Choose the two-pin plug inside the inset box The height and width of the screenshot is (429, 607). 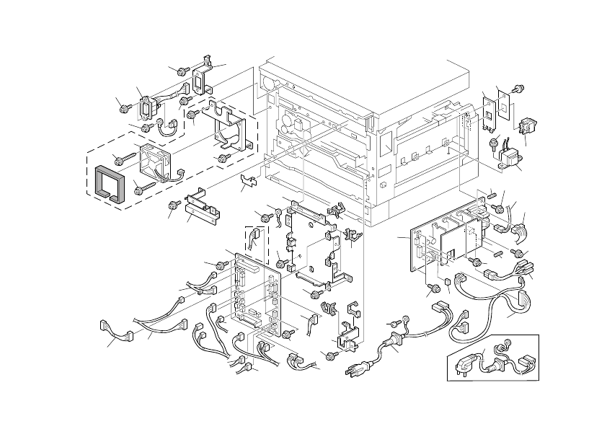pos(461,363)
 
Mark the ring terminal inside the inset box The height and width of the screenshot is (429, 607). pos(508,344)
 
